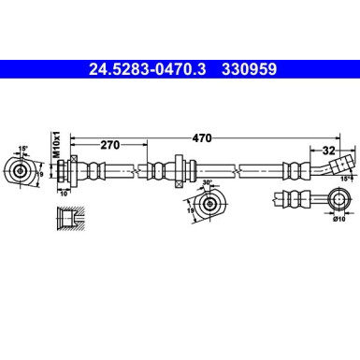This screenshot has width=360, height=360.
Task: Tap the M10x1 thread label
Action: click(x=55, y=148)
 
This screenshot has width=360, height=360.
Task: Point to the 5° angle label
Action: click(x=23, y=148)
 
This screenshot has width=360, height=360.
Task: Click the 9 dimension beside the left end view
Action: click(x=41, y=172)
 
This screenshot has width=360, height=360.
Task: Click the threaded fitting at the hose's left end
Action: click(x=67, y=171)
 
